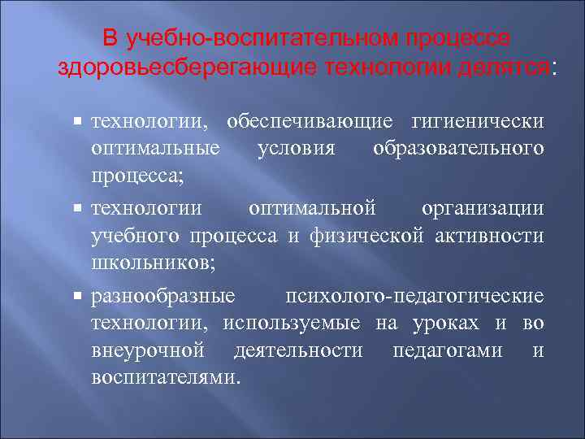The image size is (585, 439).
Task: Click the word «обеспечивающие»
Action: tap(310, 120)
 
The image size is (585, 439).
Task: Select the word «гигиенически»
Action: tap(478, 120)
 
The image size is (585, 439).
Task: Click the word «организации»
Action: tap(483, 207)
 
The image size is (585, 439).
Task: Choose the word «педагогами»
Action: tap(448, 350)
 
